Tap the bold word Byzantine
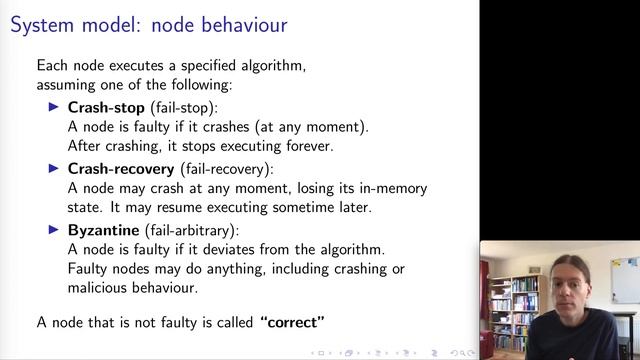click(101, 229)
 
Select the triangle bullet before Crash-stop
click(55, 106)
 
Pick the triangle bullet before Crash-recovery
click(55, 168)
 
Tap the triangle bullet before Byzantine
click(55, 229)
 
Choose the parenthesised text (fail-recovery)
click(225, 168)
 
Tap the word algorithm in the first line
click(270, 66)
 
